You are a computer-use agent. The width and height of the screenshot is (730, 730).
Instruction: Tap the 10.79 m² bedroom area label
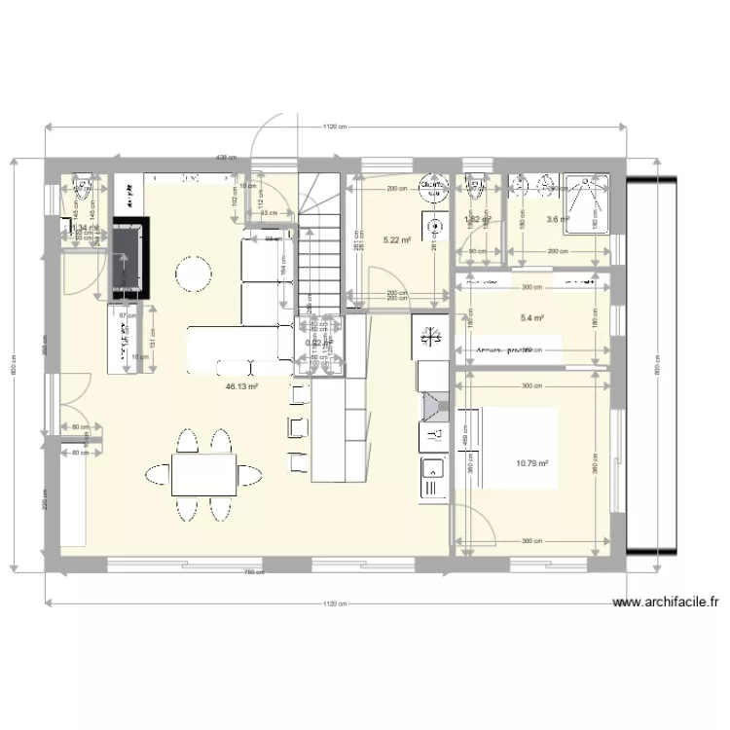coord(531,463)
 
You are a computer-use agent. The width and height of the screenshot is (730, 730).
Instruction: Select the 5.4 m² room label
coord(532,317)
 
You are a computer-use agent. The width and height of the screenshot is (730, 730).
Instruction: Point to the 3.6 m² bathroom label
coord(558,220)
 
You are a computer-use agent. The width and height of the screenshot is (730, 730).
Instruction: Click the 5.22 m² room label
coord(396,239)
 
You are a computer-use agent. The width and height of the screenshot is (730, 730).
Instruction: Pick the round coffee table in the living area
coord(194,274)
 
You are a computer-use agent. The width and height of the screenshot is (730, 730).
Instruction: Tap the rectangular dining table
coord(203,475)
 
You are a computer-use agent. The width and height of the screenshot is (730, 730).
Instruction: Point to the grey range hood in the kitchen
coord(431,407)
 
